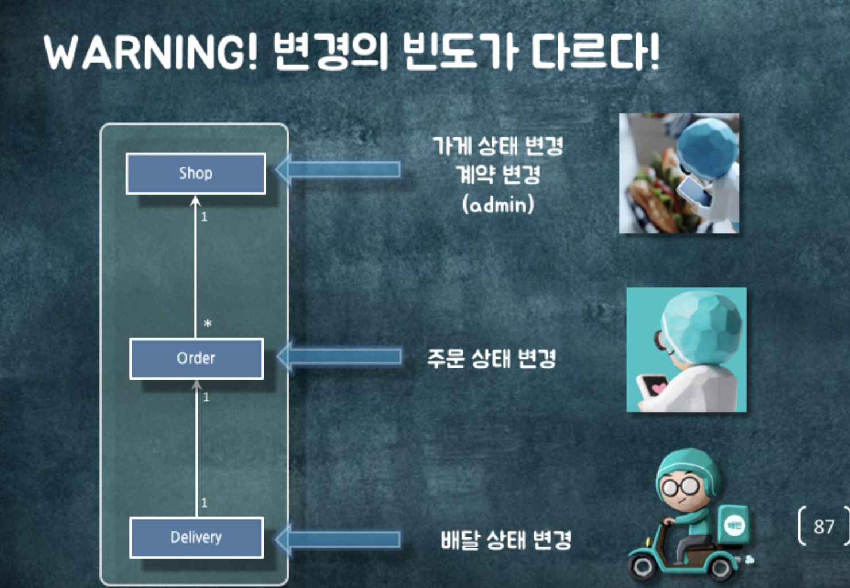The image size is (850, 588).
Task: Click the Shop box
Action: tap(196, 173)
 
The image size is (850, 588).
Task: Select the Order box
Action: tap(196, 359)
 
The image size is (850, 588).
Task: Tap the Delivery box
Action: tap(196, 537)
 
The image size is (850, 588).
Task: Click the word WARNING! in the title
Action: tap(151, 53)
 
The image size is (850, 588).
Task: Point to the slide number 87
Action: tap(824, 526)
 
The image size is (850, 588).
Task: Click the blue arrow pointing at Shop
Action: tap(339, 169)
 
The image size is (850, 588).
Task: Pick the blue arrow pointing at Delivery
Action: tap(339, 539)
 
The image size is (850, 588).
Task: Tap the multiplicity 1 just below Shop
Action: tap(204, 217)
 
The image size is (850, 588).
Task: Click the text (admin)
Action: tap(498, 204)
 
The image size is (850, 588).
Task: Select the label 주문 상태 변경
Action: tap(492, 358)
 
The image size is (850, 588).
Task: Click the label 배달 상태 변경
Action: tap(506, 540)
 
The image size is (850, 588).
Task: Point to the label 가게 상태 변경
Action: tap(498, 146)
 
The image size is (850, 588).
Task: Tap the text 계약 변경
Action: tap(498, 175)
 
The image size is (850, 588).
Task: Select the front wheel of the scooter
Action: tap(643, 567)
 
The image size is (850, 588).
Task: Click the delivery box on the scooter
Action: tap(733, 525)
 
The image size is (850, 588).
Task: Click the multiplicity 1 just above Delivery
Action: tap(204, 503)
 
